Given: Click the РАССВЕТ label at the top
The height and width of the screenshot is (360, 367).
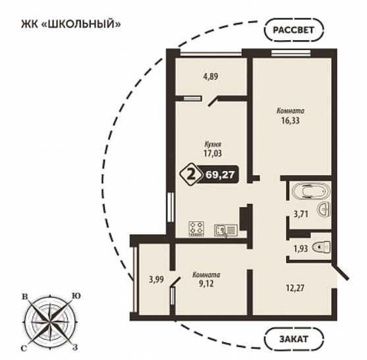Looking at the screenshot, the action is pyautogui.click(x=293, y=30).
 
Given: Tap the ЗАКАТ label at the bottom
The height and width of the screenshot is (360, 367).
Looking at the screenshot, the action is pyautogui.click(x=293, y=339).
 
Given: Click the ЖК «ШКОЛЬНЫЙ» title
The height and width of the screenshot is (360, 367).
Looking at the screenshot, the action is pyautogui.click(x=71, y=24).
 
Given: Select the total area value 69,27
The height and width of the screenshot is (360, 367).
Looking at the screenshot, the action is pyautogui.click(x=220, y=174).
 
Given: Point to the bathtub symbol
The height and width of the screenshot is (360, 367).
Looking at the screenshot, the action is pyautogui.click(x=310, y=191).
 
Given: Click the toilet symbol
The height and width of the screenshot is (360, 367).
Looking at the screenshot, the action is pyautogui.click(x=322, y=246).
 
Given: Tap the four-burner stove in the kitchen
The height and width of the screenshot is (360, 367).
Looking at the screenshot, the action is pyautogui.click(x=196, y=228).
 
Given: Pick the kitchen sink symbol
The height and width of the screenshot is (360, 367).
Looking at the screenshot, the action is pyautogui.click(x=226, y=230).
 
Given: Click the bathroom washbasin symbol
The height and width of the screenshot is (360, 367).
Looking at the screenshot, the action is pyautogui.click(x=324, y=209).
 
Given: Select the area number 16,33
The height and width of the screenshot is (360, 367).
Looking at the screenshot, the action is pyautogui.click(x=291, y=120).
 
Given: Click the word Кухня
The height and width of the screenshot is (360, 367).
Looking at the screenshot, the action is pyautogui.click(x=212, y=144).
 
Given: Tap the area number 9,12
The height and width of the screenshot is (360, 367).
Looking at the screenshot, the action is pyautogui.click(x=206, y=284).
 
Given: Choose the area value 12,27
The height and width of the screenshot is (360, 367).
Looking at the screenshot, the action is pyautogui.click(x=295, y=288).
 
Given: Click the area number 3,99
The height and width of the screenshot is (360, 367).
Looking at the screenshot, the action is pyautogui.click(x=156, y=279).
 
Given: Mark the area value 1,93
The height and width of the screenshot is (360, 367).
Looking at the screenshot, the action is pyautogui.click(x=300, y=249).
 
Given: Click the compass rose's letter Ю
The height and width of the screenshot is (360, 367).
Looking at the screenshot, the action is pyautogui.click(x=76, y=296).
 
